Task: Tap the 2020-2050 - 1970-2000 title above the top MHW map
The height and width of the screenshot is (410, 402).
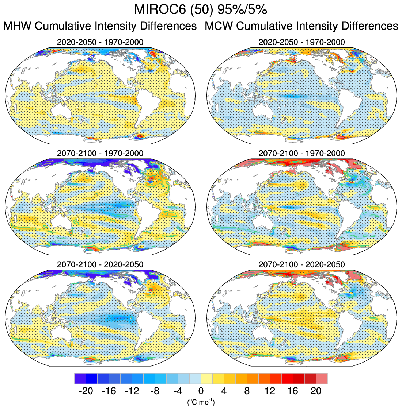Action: pyautogui.click(x=100, y=42)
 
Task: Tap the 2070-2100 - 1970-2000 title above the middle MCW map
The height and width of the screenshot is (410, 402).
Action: pyautogui.click(x=301, y=153)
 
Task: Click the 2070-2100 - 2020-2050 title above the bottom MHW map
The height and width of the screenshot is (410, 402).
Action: pyautogui.click(x=100, y=264)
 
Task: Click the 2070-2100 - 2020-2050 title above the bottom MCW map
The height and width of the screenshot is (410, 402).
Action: pyautogui.click(x=301, y=264)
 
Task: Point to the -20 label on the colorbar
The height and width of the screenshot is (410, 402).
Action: pyautogui.click(x=86, y=391)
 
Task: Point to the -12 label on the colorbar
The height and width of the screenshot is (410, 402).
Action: pyautogui.click(x=132, y=391)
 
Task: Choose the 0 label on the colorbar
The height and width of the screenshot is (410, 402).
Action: pyautogui.click(x=201, y=391)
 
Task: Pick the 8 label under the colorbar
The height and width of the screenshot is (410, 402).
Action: pyautogui.click(x=247, y=391)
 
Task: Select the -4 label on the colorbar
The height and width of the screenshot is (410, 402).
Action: pyautogui.click(x=178, y=391)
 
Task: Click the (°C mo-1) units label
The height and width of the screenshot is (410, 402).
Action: pyautogui.click(x=201, y=402)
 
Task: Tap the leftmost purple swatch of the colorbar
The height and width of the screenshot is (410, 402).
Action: pyautogui.click(x=80, y=378)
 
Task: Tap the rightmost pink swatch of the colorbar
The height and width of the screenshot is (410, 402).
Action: pyautogui.click(x=322, y=378)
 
